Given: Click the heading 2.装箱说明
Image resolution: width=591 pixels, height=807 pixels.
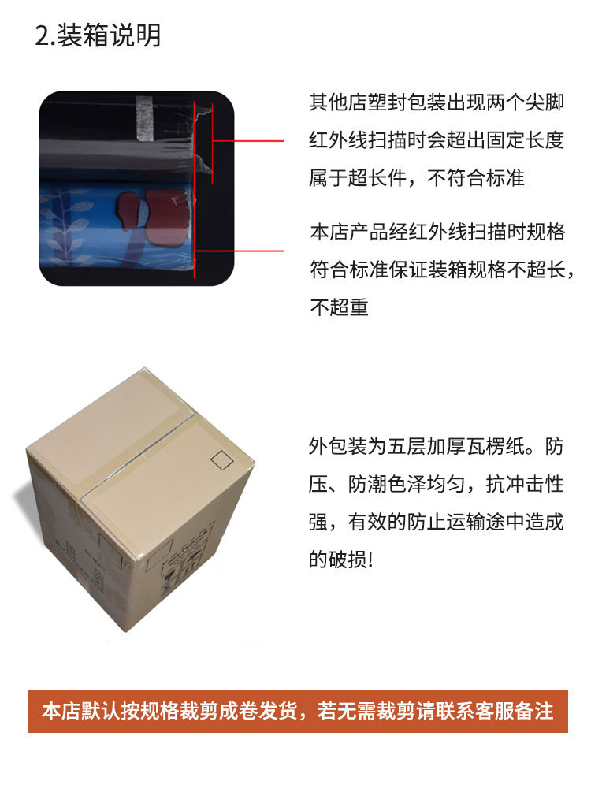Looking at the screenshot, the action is [98, 35].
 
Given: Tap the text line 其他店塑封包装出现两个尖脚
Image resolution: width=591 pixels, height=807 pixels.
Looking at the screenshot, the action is [437, 102].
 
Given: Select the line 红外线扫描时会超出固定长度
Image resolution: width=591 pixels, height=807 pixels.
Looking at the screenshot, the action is [437, 140].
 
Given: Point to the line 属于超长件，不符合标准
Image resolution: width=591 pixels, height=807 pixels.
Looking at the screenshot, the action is [417, 178].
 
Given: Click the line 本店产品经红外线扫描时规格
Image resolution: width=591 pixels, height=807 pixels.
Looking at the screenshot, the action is [437, 232].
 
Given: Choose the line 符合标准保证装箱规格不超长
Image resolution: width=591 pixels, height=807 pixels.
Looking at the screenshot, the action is [442, 270].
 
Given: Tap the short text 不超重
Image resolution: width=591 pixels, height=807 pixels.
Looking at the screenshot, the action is [340, 307].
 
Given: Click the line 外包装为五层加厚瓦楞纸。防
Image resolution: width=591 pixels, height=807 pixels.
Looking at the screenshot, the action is [437, 446].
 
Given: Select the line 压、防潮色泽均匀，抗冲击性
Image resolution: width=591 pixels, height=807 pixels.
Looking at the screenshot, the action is [437, 484].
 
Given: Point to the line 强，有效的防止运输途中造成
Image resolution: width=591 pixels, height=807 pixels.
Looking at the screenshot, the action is [437, 522].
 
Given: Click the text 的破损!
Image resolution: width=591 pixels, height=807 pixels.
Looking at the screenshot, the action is [340, 560].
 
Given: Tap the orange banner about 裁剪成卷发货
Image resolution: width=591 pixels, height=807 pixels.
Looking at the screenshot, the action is [298, 712].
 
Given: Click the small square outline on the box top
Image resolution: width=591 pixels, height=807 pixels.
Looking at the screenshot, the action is [222, 460].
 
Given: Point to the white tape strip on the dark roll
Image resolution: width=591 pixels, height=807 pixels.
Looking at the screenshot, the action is [145, 118].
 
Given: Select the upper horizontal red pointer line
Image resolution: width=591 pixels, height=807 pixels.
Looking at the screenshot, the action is [248, 140].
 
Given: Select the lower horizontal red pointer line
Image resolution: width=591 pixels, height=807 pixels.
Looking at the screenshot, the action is [240, 251].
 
